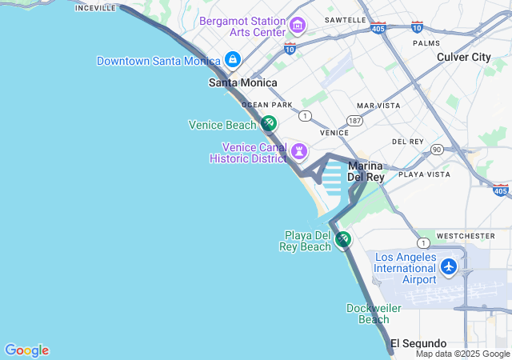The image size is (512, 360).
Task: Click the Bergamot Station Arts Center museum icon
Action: click(298, 26)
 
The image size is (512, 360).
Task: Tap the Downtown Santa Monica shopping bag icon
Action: click(233, 60)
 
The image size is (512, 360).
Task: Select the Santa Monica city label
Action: click(243, 82)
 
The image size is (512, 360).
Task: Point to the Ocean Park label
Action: click(266, 105)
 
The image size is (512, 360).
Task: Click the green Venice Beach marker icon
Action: click(269, 124)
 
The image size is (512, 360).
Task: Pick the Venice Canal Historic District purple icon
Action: click(300, 150)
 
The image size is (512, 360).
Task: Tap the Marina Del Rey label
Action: click(366, 171)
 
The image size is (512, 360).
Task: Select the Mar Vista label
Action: click(378, 106)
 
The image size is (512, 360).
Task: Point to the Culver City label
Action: click(464, 57)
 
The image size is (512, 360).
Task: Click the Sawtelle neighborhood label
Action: click(346, 20)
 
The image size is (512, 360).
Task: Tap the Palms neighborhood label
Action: click(426, 43)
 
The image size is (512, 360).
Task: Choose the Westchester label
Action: click(466, 236)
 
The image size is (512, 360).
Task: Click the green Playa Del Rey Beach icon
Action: click(343, 239)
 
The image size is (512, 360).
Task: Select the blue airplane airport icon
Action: click(449, 266)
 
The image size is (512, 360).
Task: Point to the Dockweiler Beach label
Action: click(368, 314)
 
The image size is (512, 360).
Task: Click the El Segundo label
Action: click(418, 344)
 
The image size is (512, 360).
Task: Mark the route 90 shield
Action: click(436, 149)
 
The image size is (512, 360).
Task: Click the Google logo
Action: click(26, 350)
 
